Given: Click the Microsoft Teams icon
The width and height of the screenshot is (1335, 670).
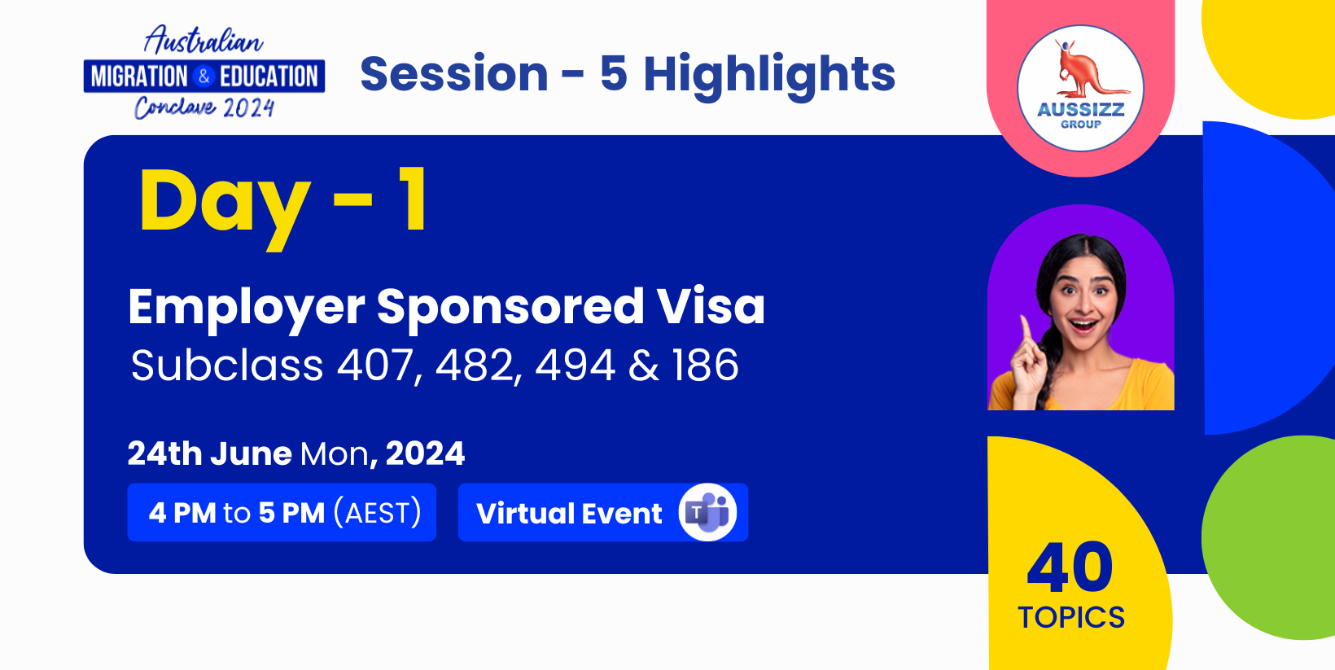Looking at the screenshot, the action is [707, 513].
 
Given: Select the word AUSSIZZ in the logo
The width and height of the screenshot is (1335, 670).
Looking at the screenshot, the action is [1080, 110].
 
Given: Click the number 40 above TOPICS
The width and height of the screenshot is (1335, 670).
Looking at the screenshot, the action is [1070, 567].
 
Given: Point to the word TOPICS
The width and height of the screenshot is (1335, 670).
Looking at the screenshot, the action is [1071, 618].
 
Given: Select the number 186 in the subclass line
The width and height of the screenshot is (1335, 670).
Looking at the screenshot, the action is [705, 365].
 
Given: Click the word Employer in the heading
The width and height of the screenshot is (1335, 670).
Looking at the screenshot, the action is [246, 309].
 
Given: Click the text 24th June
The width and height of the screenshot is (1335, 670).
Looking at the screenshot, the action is [210, 453].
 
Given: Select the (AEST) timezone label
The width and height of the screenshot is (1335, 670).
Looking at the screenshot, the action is [377, 513].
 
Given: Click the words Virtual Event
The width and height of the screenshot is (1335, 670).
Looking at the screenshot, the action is [569, 513].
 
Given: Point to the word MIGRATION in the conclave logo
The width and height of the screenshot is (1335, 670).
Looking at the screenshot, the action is [139, 77].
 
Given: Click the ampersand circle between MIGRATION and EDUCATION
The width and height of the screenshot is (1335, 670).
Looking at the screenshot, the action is [204, 77].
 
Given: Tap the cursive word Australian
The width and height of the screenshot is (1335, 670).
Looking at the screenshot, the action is [204, 40].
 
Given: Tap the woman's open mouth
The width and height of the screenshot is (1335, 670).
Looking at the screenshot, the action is [1083, 326].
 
